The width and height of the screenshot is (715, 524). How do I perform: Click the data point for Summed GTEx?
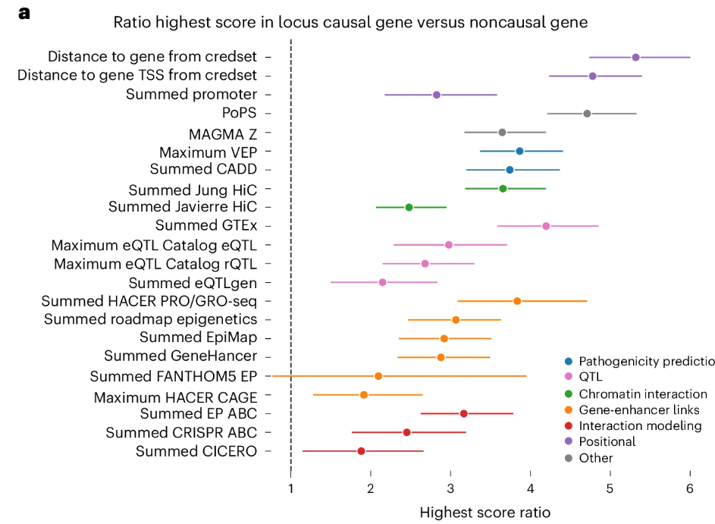click(546, 226)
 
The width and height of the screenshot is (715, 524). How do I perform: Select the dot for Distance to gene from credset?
click(635, 58)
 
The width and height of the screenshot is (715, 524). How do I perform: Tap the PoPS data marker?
click(587, 114)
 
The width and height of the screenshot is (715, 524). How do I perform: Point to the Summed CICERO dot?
click(361, 451)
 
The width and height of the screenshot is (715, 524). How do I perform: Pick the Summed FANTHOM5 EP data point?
click(378, 376)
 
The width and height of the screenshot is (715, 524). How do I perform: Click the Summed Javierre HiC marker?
click(409, 207)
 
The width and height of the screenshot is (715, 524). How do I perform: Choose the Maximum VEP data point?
click(519, 151)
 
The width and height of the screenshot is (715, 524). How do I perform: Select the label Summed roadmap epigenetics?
click(150, 319)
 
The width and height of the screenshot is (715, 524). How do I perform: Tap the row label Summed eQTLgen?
click(193, 282)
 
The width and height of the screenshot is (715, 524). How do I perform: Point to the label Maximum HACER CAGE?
click(175, 397)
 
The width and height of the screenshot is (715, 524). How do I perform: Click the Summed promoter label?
click(191, 95)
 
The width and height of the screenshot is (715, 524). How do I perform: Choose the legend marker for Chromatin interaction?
click(569, 394)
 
